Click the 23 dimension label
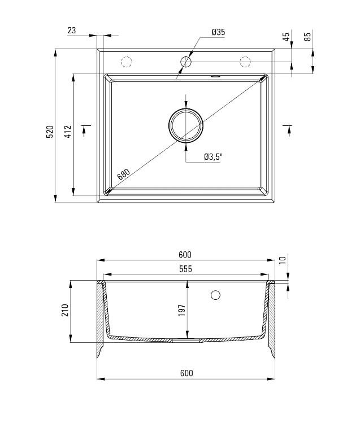[x=72, y=30]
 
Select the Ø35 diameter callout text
[x=218, y=32]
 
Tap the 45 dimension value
[x=286, y=37]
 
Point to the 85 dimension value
[x=307, y=37]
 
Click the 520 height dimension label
[x=50, y=132]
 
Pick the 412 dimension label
[x=68, y=132]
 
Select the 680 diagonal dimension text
[x=123, y=174]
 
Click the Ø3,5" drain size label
[x=214, y=157]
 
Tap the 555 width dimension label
[x=185, y=269]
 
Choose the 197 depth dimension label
[x=182, y=311]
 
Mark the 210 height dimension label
[x=65, y=311]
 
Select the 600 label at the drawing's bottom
[x=186, y=373]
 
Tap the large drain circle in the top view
[x=185, y=126]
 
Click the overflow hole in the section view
[x=215, y=295]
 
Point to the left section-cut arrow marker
[x=84, y=129]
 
